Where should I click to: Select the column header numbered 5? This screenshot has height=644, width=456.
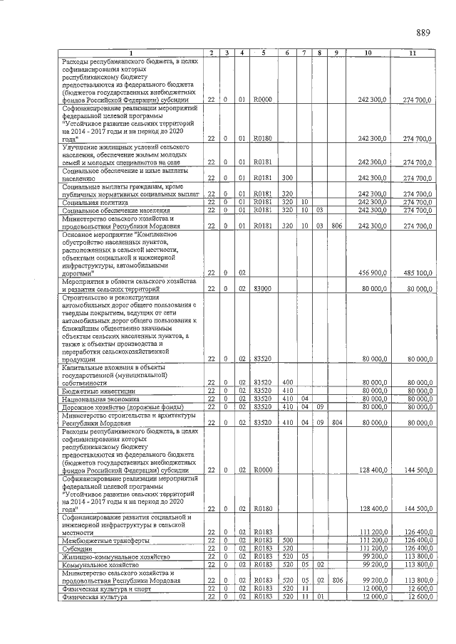point(263,53)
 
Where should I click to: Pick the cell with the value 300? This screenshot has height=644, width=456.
point(287,178)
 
